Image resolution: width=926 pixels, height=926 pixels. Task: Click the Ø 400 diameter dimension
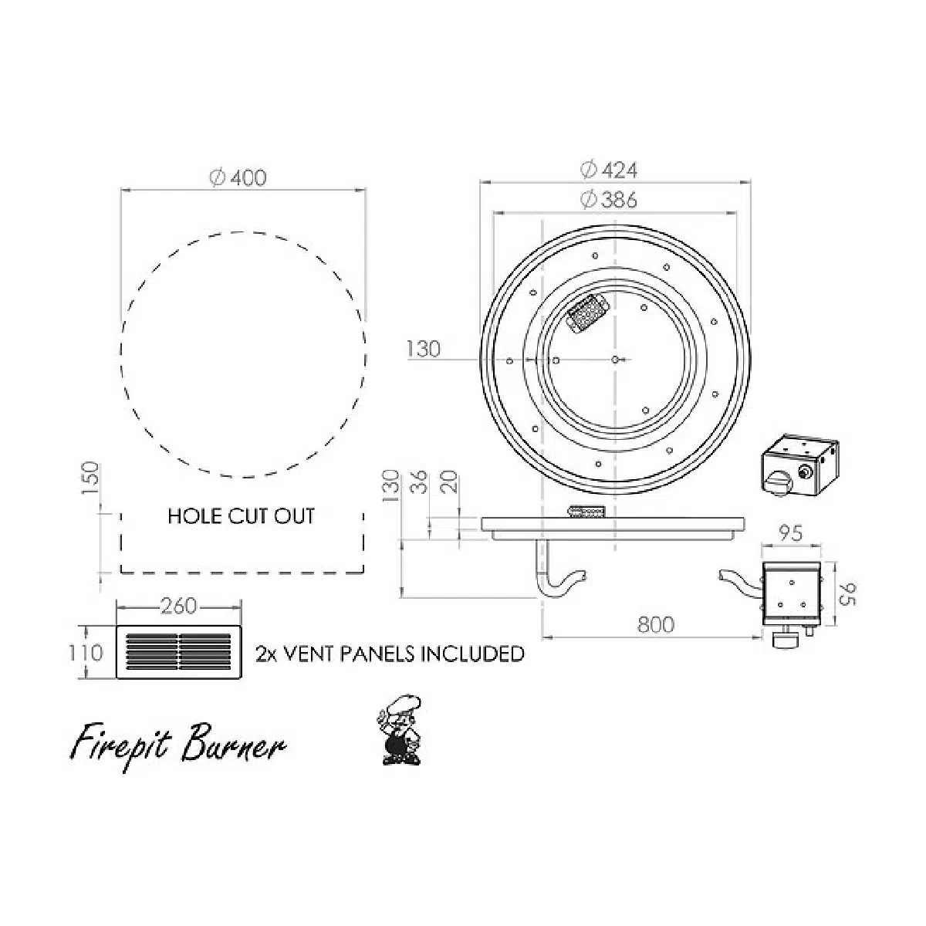click(238, 177)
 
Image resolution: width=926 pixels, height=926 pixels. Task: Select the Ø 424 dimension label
click(609, 170)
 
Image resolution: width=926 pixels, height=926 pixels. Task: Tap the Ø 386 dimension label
click(609, 199)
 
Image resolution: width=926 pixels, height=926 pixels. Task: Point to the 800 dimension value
click(656, 624)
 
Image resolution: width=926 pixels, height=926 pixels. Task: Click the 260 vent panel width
click(179, 606)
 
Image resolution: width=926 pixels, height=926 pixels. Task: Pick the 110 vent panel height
click(86, 653)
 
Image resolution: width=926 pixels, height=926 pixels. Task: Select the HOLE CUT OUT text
click(242, 516)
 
